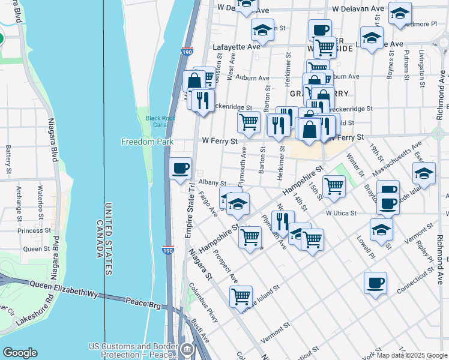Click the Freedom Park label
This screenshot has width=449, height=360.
[x=147, y=142]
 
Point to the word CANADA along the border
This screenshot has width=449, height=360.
[x=98, y=239]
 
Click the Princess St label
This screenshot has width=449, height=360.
[x=34, y=230]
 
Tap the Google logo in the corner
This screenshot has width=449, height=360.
[x=20, y=353]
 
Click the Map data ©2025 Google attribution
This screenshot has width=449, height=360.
[x=412, y=355]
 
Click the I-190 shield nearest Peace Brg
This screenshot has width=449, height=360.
[x=169, y=250]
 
